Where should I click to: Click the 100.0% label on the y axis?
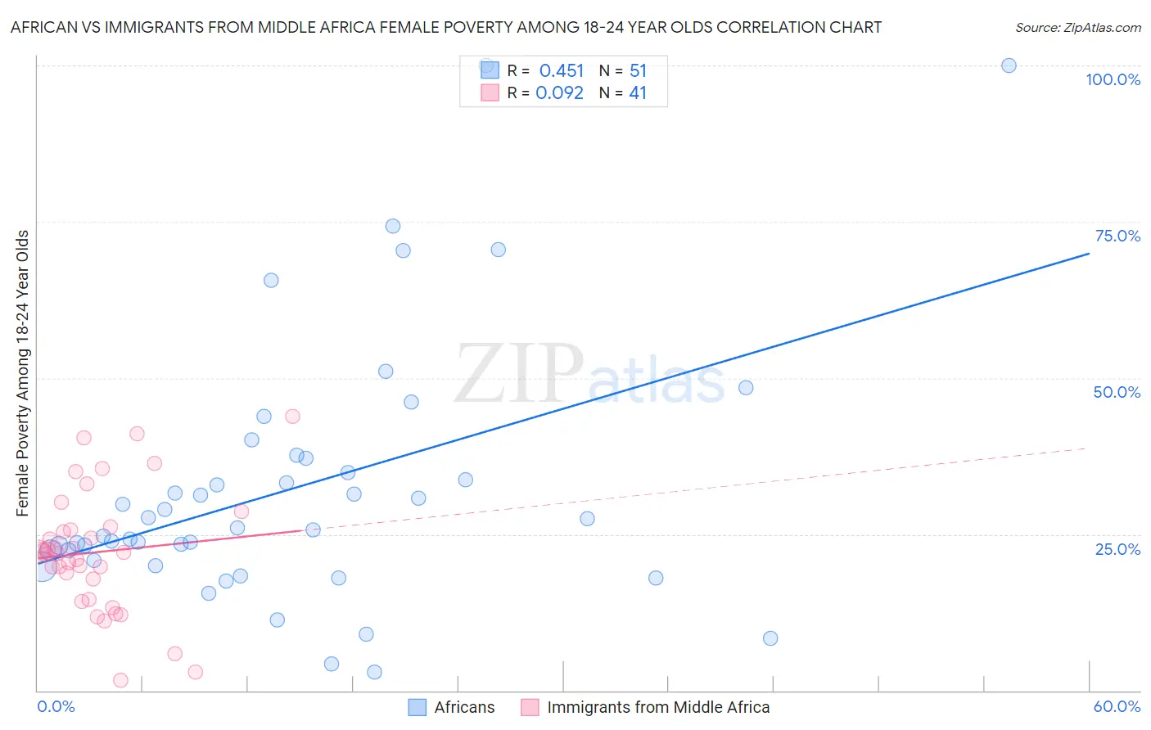click(1113, 79)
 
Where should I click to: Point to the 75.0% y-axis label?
click(1117, 236)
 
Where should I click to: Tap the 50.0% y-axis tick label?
click(1117, 392)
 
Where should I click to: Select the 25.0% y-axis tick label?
click(1117, 548)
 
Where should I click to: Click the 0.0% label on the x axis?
click(56, 706)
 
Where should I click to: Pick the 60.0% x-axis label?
click(1117, 706)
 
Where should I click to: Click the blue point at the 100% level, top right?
click(1009, 65)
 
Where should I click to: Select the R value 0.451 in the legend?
click(562, 70)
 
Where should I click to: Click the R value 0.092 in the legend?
click(560, 93)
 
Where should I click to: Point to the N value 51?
click(638, 70)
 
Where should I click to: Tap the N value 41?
click(638, 93)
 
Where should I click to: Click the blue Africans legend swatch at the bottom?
click(418, 707)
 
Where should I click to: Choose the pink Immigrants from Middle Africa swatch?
click(530, 707)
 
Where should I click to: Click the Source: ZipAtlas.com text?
click(1077, 28)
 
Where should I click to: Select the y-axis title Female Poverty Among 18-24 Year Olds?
click(23, 373)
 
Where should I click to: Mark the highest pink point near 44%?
click(292, 416)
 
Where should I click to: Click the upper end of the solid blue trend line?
click(1088, 254)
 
